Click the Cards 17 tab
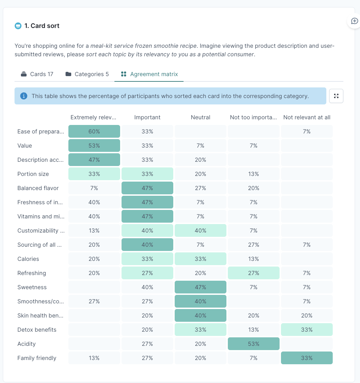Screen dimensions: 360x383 tap(37, 74)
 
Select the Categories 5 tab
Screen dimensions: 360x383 tap(87, 74)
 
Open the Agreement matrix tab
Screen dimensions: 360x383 tap(149, 74)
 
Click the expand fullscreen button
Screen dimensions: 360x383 tap(336, 96)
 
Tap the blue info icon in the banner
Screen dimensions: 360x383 tap(24, 96)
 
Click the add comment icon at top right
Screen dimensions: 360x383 tap(354, 21)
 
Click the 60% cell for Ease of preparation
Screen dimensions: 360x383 tap(94, 131)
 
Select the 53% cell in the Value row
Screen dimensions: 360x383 tap(94, 145)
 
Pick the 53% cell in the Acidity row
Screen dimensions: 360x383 tap(254, 344)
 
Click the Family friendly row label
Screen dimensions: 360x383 tap(37, 358)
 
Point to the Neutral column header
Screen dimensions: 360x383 tap(201, 117)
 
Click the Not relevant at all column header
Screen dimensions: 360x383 tap(307, 117)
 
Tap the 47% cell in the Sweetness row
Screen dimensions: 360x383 tap(201, 287)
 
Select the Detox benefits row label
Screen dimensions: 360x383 tap(37, 330)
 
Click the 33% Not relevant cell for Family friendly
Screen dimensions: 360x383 tap(307, 358)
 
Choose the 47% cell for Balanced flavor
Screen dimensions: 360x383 tap(147, 188)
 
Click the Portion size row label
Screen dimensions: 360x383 tap(33, 174)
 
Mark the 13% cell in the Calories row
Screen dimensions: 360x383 tap(254, 259)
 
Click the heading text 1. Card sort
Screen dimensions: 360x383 tap(42, 25)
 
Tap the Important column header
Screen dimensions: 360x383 tap(147, 117)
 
